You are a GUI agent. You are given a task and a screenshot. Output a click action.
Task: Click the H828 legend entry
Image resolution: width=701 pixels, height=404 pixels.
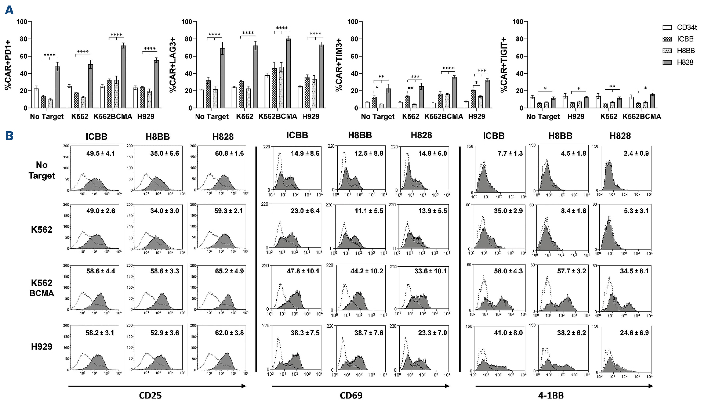tap(685, 62)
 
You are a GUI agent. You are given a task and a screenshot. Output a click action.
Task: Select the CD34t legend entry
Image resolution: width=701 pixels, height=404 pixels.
tap(687, 27)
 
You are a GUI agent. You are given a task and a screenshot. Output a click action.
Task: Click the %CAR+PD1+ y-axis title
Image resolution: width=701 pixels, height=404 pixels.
tap(8, 65)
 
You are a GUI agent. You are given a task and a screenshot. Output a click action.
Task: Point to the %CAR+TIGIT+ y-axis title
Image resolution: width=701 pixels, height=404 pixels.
tap(504, 65)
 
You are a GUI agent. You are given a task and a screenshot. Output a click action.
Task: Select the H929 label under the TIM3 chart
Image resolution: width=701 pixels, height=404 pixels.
tap(476, 116)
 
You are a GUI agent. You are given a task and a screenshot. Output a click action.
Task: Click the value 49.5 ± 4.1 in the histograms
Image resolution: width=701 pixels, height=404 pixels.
tap(101, 153)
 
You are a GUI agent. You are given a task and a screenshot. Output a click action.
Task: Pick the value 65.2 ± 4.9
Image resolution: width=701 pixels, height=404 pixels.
tap(229, 271)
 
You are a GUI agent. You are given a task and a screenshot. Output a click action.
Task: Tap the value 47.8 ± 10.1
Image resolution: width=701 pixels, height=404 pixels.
tap(303, 271)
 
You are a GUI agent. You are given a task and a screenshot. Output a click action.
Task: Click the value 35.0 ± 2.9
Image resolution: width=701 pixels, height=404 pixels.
tap(508, 211)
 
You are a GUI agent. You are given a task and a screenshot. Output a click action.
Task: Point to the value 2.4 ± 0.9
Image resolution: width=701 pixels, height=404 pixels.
tap(636, 153)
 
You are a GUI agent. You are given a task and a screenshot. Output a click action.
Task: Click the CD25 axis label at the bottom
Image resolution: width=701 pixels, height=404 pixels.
tap(150, 396)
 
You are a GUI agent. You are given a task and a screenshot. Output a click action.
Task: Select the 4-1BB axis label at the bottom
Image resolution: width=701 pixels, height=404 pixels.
tap(551, 396)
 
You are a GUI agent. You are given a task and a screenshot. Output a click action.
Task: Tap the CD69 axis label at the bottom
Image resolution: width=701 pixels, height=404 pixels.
tap(351, 396)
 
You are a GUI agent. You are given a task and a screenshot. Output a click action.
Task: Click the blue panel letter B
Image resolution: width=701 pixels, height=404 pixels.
tap(9, 136)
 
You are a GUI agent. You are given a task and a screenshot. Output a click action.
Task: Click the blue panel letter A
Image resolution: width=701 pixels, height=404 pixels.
tap(9, 10)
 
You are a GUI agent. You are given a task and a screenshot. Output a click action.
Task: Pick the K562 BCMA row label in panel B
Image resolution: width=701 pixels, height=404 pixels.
tap(41, 288)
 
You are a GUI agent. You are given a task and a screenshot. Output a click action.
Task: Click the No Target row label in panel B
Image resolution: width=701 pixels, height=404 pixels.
tap(41, 170)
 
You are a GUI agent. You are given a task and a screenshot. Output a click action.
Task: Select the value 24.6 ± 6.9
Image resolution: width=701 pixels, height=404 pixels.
tap(635, 333)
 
